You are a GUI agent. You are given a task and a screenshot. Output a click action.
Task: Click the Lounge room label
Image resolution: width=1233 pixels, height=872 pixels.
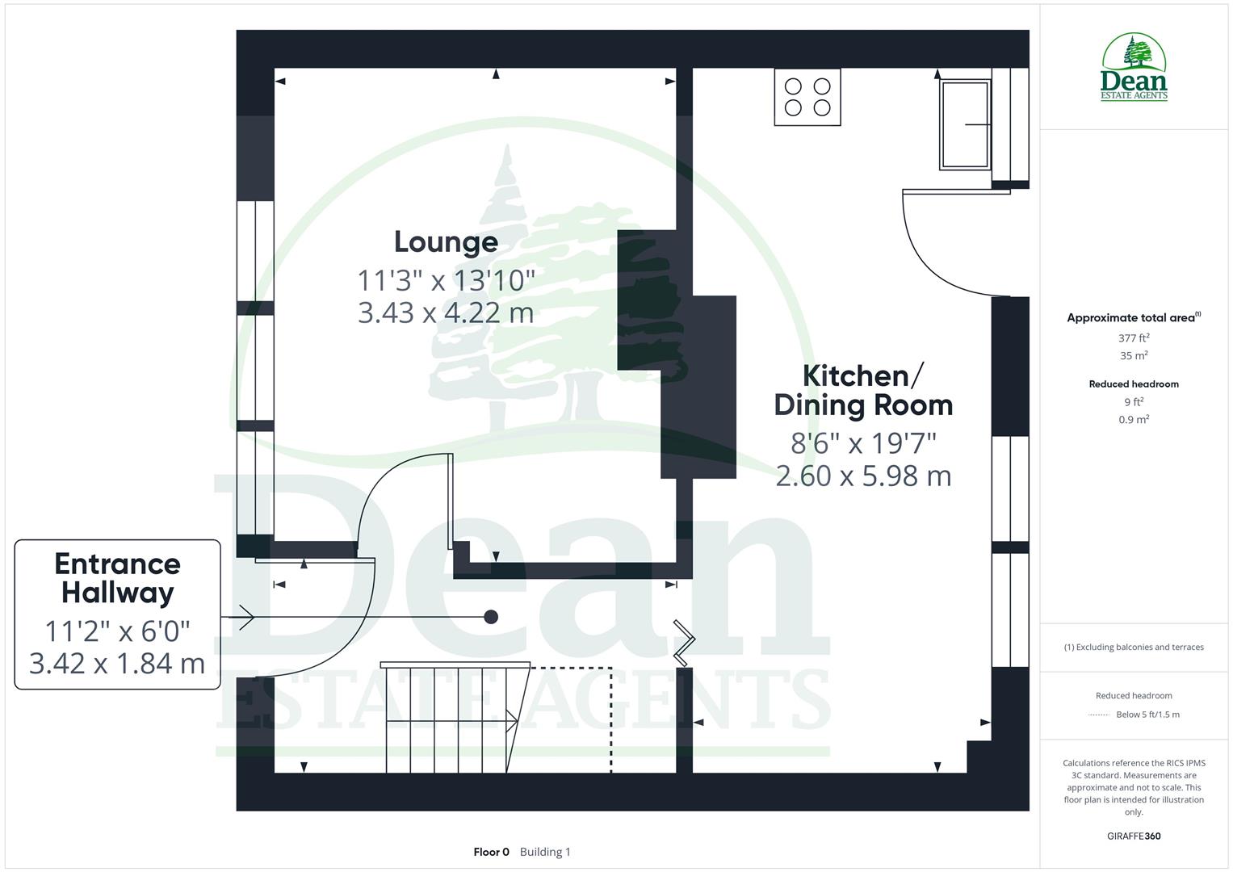pyautogui.click(x=446, y=241)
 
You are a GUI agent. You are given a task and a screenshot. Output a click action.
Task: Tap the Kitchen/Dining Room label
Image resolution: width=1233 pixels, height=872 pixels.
pyautogui.click(x=863, y=390)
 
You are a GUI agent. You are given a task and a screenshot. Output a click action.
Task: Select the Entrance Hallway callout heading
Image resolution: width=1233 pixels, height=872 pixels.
pyautogui.click(x=118, y=578)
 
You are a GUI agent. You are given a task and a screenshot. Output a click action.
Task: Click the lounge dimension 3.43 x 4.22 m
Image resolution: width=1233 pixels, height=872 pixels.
pyautogui.click(x=446, y=312)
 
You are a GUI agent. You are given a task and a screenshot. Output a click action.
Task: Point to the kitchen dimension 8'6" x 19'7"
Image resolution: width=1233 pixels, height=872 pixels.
pyautogui.click(x=863, y=443)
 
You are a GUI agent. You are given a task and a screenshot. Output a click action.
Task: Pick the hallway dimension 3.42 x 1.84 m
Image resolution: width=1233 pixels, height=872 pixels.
pyautogui.click(x=118, y=663)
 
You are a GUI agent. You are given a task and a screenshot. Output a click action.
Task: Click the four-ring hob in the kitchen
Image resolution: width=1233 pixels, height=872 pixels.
pyautogui.click(x=807, y=97)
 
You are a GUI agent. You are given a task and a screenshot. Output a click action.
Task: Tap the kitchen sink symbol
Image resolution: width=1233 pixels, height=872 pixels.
pyautogui.click(x=965, y=124)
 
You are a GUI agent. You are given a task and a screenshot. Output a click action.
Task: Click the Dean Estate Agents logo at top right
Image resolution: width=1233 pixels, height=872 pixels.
pyautogui.click(x=1134, y=68)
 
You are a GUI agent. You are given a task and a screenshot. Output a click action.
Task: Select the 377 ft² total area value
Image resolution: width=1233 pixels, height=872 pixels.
pyautogui.click(x=1134, y=338)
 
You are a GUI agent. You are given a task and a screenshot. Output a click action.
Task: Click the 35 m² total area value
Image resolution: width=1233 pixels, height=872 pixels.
pyautogui.click(x=1134, y=355)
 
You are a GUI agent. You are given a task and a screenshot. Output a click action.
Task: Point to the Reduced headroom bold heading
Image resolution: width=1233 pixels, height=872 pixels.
pyautogui.click(x=1134, y=384)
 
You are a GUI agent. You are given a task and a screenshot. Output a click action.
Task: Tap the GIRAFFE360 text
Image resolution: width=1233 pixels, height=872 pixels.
pyautogui.click(x=1134, y=836)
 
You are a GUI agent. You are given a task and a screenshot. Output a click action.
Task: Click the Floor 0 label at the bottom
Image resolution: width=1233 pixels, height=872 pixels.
pyautogui.click(x=491, y=852)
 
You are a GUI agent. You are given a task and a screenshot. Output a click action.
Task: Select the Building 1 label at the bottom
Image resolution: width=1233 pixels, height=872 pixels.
pyautogui.click(x=545, y=852)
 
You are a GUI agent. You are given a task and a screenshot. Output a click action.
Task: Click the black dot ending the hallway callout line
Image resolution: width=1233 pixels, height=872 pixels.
pyautogui.click(x=491, y=617)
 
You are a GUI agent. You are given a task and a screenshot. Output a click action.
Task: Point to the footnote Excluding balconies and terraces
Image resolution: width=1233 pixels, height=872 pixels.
pyautogui.click(x=1134, y=647)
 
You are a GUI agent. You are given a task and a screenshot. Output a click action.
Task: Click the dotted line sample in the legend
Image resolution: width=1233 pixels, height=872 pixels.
pyautogui.click(x=1099, y=715)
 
